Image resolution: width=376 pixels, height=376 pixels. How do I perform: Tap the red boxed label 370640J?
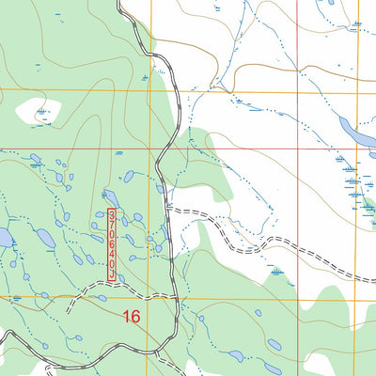tap(114, 243)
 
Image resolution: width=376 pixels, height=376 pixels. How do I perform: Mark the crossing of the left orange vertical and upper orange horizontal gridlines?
tap(150, 91)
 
